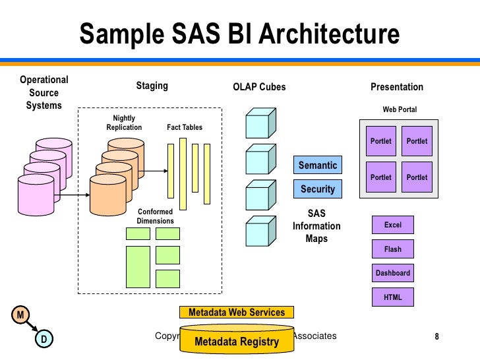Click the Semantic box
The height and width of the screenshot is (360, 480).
click(318, 165)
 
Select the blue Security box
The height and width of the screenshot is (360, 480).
click(318, 189)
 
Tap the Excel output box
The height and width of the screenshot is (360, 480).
click(393, 225)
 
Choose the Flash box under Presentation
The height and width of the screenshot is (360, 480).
click(393, 249)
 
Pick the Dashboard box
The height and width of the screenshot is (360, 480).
click(393, 273)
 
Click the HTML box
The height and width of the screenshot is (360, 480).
click(393, 297)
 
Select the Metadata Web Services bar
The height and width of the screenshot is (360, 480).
click(237, 313)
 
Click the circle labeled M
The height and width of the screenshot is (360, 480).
click(20, 315)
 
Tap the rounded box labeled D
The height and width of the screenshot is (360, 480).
click(44, 340)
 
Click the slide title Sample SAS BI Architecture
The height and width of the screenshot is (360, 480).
click(239, 34)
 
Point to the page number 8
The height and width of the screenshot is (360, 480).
click(436, 338)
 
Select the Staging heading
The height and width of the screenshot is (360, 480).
click(152, 86)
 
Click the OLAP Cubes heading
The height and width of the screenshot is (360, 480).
click(260, 87)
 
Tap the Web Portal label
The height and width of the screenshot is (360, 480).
click(400, 109)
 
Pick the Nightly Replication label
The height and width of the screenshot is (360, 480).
click(124, 123)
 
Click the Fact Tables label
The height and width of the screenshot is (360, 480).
click(185, 127)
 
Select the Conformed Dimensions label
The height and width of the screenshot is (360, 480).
click(156, 216)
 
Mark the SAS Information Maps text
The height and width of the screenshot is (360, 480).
click(316, 226)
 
